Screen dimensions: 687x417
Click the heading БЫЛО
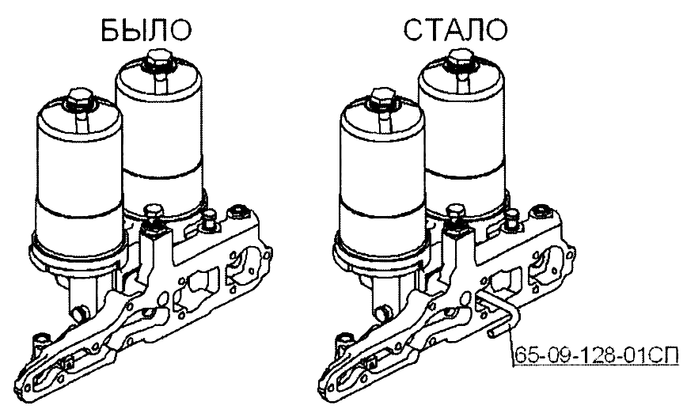pos(146,30)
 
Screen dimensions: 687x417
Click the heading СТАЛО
pos(456,30)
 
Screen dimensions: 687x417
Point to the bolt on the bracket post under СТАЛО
pos(455,214)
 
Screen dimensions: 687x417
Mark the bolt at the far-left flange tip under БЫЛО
pos(43,343)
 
